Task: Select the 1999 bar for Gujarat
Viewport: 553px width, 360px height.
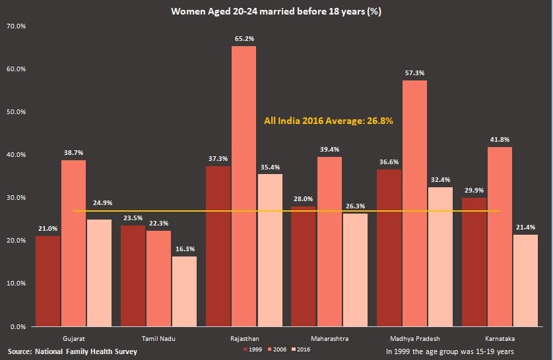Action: [x=48, y=281]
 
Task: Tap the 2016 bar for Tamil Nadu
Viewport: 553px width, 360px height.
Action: [x=185, y=291]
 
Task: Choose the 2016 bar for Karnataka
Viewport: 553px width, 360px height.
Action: [x=525, y=280]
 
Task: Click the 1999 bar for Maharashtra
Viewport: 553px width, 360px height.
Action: [x=304, y=266]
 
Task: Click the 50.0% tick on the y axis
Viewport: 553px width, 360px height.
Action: [x=16, y=112]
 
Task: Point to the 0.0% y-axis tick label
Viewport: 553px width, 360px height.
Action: [x=18, y=326]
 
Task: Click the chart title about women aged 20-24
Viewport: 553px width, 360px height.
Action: [x=276, y=11]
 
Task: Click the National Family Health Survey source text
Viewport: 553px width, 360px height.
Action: [x=73, y=351]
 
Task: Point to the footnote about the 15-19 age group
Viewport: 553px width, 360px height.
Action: [x=450, y=351]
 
